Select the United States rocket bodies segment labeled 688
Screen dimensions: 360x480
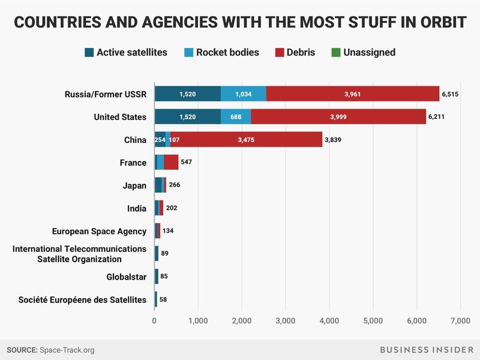[236, 116]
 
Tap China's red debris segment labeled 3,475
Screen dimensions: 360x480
[246, 140]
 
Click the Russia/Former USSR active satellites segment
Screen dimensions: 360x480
[187, 94]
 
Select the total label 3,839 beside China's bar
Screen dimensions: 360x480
[337, 140]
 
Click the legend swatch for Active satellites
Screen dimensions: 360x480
[89, 53]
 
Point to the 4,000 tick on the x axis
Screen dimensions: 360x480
[329, 320]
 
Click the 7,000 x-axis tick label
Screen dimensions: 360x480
[460, 320]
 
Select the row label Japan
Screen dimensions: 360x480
[135, 185]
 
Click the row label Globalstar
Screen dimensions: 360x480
[125, 277]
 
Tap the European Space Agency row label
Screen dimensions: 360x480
[99, 231]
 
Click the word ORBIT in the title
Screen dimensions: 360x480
[437, 23]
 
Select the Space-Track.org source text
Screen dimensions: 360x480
[67, 349]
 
